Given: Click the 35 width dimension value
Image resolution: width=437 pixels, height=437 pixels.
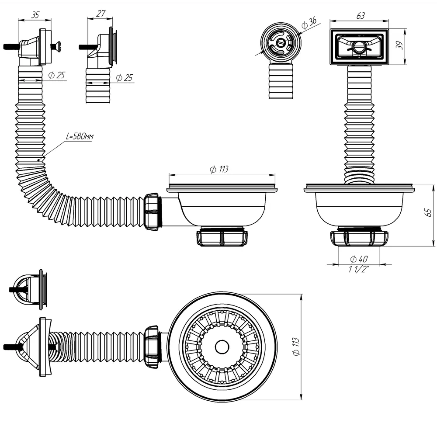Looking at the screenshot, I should pyautogui.click(x=35, y=14).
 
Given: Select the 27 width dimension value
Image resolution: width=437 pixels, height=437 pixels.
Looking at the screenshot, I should pyautogui.click(x=101, y=14).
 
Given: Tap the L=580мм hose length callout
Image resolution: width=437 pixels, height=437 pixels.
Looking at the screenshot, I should pyautogui.click(x=80, y=136).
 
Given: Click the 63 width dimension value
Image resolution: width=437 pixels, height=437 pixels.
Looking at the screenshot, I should pyautogui.click(x=360, y=16).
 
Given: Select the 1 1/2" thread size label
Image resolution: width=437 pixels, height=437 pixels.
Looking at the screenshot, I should pyautogui.click(x=359, y=270).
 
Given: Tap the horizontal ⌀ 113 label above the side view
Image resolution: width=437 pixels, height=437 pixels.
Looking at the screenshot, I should pyautogui.click(x=219, y=170).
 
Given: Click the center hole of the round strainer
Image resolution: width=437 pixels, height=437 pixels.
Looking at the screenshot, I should pyautogui.click(x=222, y=347).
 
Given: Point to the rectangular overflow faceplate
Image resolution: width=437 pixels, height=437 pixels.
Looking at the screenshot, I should pyautogui.click(x=358, y=47).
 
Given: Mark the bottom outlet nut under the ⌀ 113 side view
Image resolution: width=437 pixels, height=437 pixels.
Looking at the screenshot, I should pyautogui.click(x=222, y=238).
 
